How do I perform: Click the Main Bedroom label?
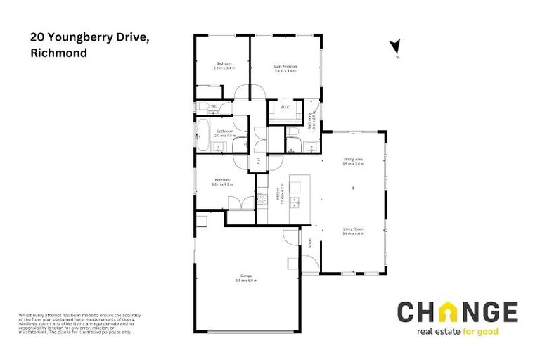(285, 67)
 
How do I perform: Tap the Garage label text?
(246, 276)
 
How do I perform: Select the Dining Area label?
(353, 160)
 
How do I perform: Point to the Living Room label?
(352, 229)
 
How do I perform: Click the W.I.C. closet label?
(285, 108)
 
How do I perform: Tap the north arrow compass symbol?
(395, 47)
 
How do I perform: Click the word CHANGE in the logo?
(457, 312)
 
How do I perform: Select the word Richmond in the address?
(59, 53)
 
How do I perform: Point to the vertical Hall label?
(259, 161)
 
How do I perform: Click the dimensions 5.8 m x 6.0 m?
(246, 281)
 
